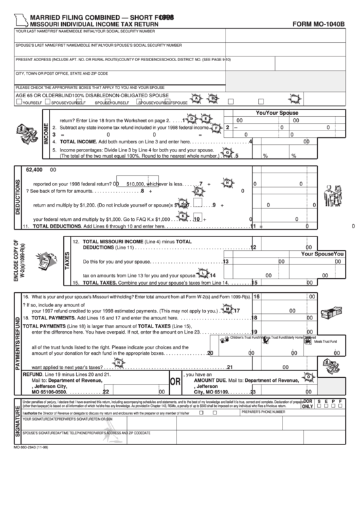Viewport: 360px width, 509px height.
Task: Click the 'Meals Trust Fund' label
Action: pyautogui.click(x=327, y=342)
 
